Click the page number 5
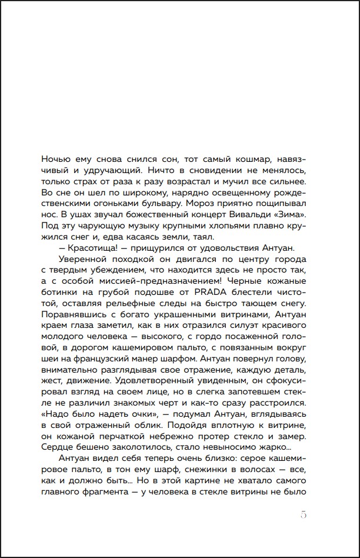[304, 514]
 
